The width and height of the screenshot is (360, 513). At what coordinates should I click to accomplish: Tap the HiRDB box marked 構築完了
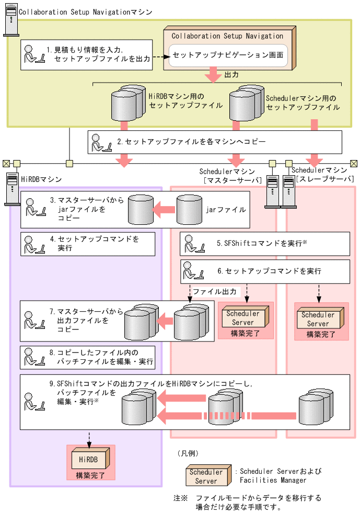(x=90, y=459)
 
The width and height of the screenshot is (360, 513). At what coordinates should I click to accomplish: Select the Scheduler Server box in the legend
(x=206, y=475)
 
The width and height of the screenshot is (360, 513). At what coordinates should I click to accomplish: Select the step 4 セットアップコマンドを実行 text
(x=94, y=243)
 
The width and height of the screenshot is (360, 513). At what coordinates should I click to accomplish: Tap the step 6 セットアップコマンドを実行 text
(x=269, y=271)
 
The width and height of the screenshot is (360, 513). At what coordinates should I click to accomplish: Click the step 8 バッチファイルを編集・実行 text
(x=99, y=357)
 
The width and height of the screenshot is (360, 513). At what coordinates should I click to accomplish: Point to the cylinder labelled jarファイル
(x=190, y=210)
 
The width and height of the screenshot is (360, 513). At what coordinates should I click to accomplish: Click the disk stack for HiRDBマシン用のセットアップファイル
(x=128, y=103)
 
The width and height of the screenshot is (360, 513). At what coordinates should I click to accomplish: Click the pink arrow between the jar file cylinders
(x=164, y=210)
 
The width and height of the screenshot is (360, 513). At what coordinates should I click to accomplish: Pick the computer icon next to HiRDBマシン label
(x=11, y=189)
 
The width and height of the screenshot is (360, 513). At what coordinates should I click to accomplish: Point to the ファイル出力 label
(x=214, y=291)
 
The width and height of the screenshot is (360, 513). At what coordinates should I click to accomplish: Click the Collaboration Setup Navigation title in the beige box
(x=227, y=36)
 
